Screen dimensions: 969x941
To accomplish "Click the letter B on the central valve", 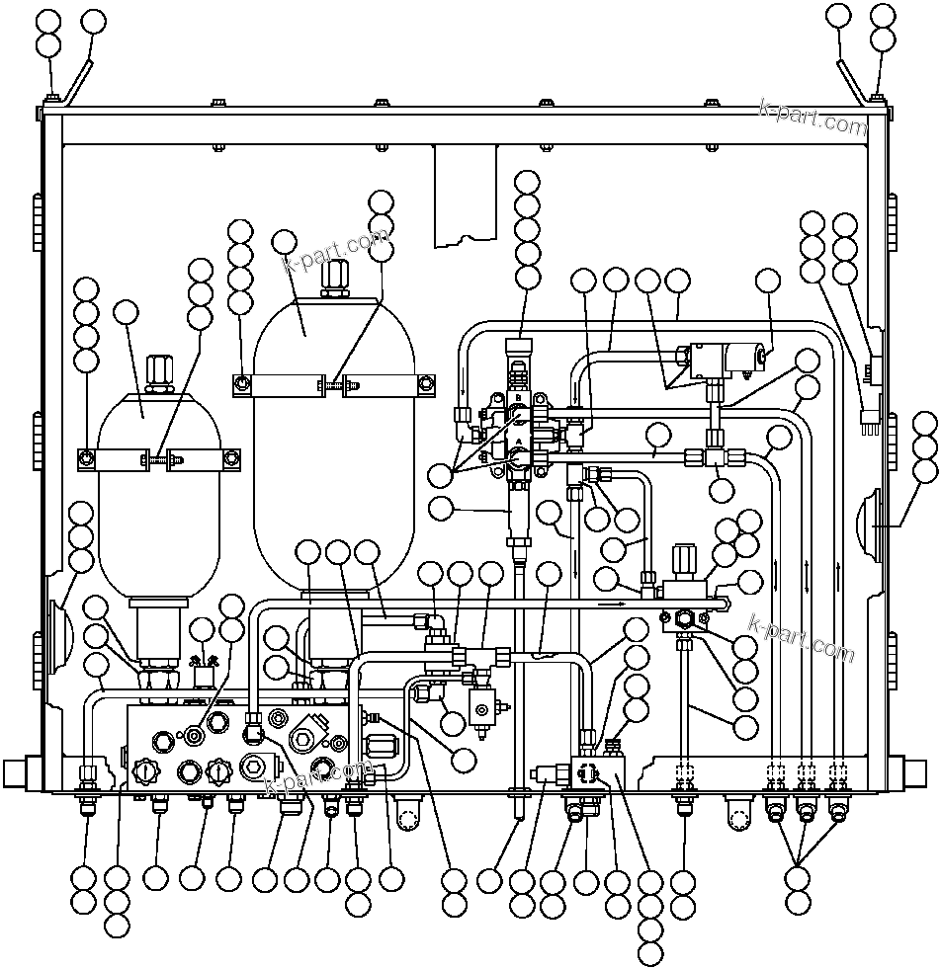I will [518, 397].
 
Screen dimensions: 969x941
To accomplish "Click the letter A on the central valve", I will [518, 444].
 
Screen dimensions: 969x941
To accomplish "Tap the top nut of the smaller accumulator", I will [158, 373].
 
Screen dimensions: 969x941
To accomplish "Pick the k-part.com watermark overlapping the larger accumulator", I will [336, 251].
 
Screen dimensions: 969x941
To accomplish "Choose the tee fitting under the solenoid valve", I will [715, 456].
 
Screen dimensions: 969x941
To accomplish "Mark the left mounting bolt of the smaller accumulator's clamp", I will [87, 457].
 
